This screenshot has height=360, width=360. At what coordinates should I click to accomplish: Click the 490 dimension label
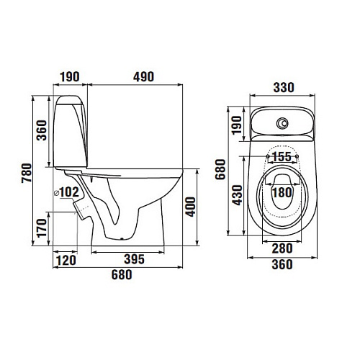[x=143, y=77]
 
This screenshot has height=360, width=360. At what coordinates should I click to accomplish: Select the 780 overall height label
[x=27, y=173]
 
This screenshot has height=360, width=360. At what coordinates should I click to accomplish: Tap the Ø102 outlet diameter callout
[x=66, y=192]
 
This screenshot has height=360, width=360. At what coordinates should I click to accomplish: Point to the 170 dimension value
[x=42, y=228]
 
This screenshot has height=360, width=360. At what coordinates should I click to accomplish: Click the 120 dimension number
[x=66, y=260]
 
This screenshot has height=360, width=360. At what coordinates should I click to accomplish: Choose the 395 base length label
[x=135, y=259]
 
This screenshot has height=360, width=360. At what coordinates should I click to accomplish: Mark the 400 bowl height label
[x=191, y=207]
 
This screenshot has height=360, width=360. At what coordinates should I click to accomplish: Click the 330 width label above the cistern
[x=284, y=87]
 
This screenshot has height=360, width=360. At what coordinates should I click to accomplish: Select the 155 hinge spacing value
[x=282, y=157]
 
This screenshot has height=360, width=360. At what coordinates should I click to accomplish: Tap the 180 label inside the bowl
[x=282, y=193]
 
